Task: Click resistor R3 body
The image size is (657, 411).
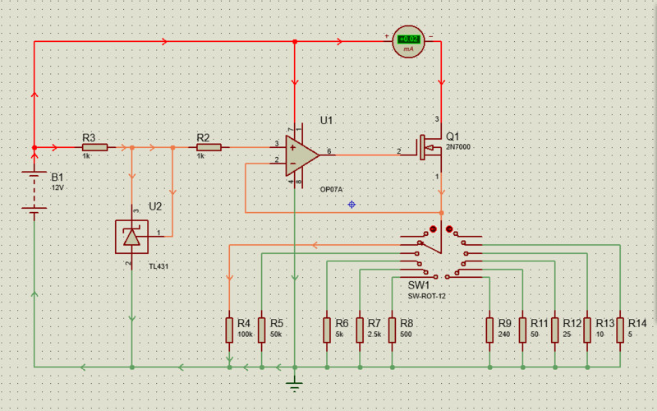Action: pyautogui.click(x=95, y=148)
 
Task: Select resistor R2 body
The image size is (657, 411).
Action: pyautogui.click(x=209, y=148)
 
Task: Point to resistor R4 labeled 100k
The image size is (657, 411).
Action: pyautogui.click(x=229, y=330)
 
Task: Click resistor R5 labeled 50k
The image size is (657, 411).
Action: pyautogui.click(x=261, y=330)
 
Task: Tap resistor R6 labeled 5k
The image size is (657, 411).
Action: pyautogui.click(x=327, y=330)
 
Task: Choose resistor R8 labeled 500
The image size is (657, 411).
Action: pyautogui.click(x=392, y=330)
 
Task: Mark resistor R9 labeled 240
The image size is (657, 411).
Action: pyautogui.click(x=489, y=330)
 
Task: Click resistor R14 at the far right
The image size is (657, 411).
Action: pyautogui.click(x=620, y=330)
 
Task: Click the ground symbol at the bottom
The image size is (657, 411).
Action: pyautogui.click(x=295, y=383)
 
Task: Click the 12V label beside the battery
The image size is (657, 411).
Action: pyautogui.click(x=57, y=188)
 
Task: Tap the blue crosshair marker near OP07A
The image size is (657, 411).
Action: pyautogui.click(x=351, y=204)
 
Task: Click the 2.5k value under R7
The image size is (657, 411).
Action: pyautogui.click(x=374, y=335)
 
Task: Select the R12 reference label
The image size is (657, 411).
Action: pyautogui.click(x=572, y=323)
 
